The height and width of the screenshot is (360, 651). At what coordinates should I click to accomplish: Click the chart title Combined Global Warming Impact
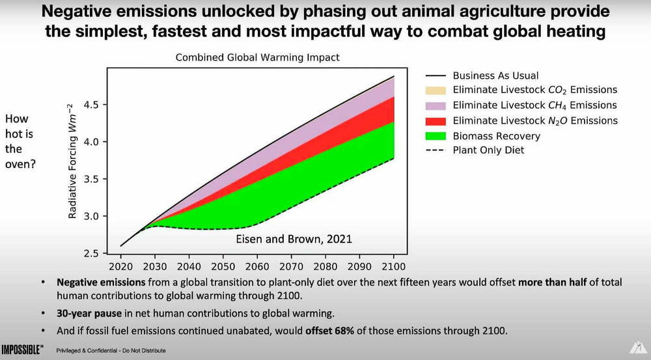tap(257, 58)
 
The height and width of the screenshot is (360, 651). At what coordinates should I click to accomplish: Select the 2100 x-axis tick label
tap(393, 266)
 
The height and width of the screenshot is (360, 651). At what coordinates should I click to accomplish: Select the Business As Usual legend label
tap(495, 76)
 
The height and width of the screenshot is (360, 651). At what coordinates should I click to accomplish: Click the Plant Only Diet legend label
tap(488, 150)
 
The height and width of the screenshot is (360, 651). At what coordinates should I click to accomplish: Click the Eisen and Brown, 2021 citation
tap(293, 239)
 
